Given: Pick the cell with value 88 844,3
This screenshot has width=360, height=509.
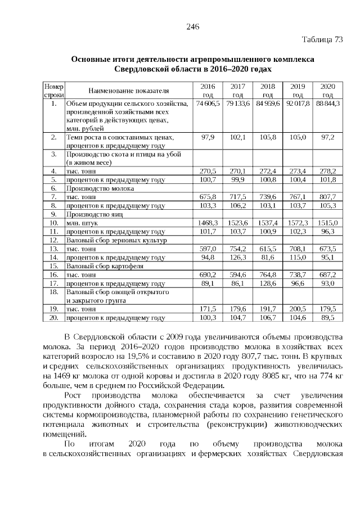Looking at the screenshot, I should [x=328, y=105].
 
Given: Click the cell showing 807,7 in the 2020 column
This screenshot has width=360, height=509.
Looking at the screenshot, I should [x=328, y=197].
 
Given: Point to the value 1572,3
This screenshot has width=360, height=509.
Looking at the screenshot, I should [x=298, y=223].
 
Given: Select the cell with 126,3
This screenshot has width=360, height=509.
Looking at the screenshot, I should [x=238, y=258].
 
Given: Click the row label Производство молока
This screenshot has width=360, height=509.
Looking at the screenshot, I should [x=97, y=189].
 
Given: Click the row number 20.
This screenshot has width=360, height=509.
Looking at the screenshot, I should [x=54, y=318].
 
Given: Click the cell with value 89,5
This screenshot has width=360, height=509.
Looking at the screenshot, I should [x=328, y=318].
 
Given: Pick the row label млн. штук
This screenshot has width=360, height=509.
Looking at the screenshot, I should [x=81, y=223].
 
